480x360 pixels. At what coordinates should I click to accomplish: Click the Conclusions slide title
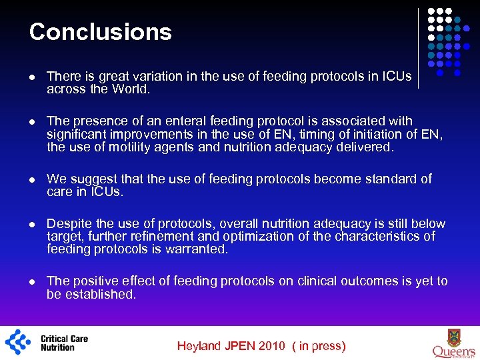pos(101,32)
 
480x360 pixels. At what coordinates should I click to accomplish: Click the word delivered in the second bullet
pos(366,147)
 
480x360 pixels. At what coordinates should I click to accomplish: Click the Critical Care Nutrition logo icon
pos(18,342)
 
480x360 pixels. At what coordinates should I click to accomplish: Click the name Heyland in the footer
pos(199,346)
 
